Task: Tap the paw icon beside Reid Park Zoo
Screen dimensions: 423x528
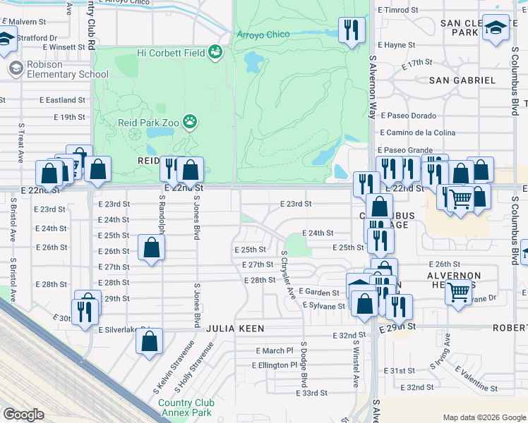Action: click(x=190, y=122)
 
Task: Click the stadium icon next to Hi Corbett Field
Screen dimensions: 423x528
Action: click(x=215, y=52)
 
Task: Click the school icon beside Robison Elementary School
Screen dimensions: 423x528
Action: click(x=16, y=68)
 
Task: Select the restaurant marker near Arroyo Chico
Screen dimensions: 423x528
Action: click(x=350, y=30)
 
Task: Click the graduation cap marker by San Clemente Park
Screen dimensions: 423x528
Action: click(x=496, y=29)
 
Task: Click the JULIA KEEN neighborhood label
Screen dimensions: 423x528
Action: click(x=235, y=329)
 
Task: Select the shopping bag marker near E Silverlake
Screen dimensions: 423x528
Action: click(x=150, y=342)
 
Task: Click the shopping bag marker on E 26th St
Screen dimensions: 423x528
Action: click(x=152, y=247)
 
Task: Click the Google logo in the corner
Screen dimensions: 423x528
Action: click(x=23, y=414)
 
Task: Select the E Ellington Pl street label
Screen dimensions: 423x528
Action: click(x=275, y=365)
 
